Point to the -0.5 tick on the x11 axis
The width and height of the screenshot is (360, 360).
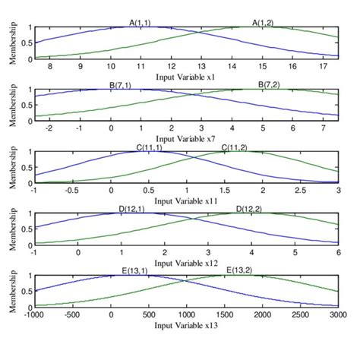73,191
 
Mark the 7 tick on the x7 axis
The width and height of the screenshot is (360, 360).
324,129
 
